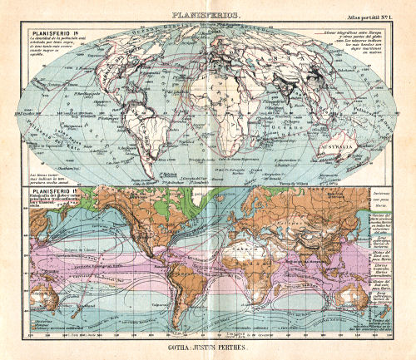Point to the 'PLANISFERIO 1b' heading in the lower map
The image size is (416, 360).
[49, 194]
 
